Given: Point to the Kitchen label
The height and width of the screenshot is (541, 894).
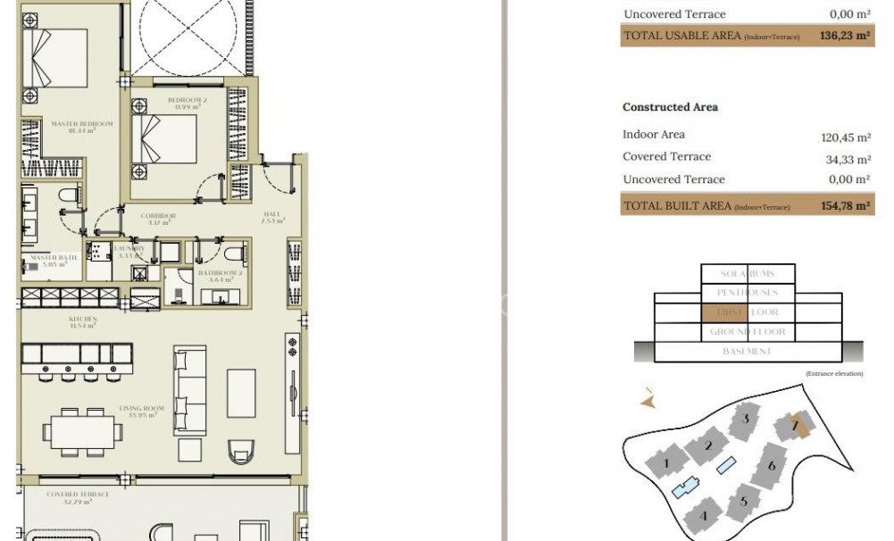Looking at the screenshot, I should [83, 320].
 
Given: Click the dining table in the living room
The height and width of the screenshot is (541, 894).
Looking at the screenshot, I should [86, 431].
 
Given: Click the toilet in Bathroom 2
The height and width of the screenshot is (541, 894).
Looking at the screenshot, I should [231, 253].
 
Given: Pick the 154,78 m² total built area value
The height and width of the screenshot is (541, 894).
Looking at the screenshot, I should [844, 206].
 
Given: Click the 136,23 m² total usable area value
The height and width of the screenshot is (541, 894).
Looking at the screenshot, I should [844, 37].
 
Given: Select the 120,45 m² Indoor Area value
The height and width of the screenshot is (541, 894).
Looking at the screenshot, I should [845, 137].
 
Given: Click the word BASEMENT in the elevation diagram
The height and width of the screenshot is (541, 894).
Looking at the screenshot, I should [747, 352].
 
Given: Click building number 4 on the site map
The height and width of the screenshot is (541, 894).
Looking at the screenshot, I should [704, 515].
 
